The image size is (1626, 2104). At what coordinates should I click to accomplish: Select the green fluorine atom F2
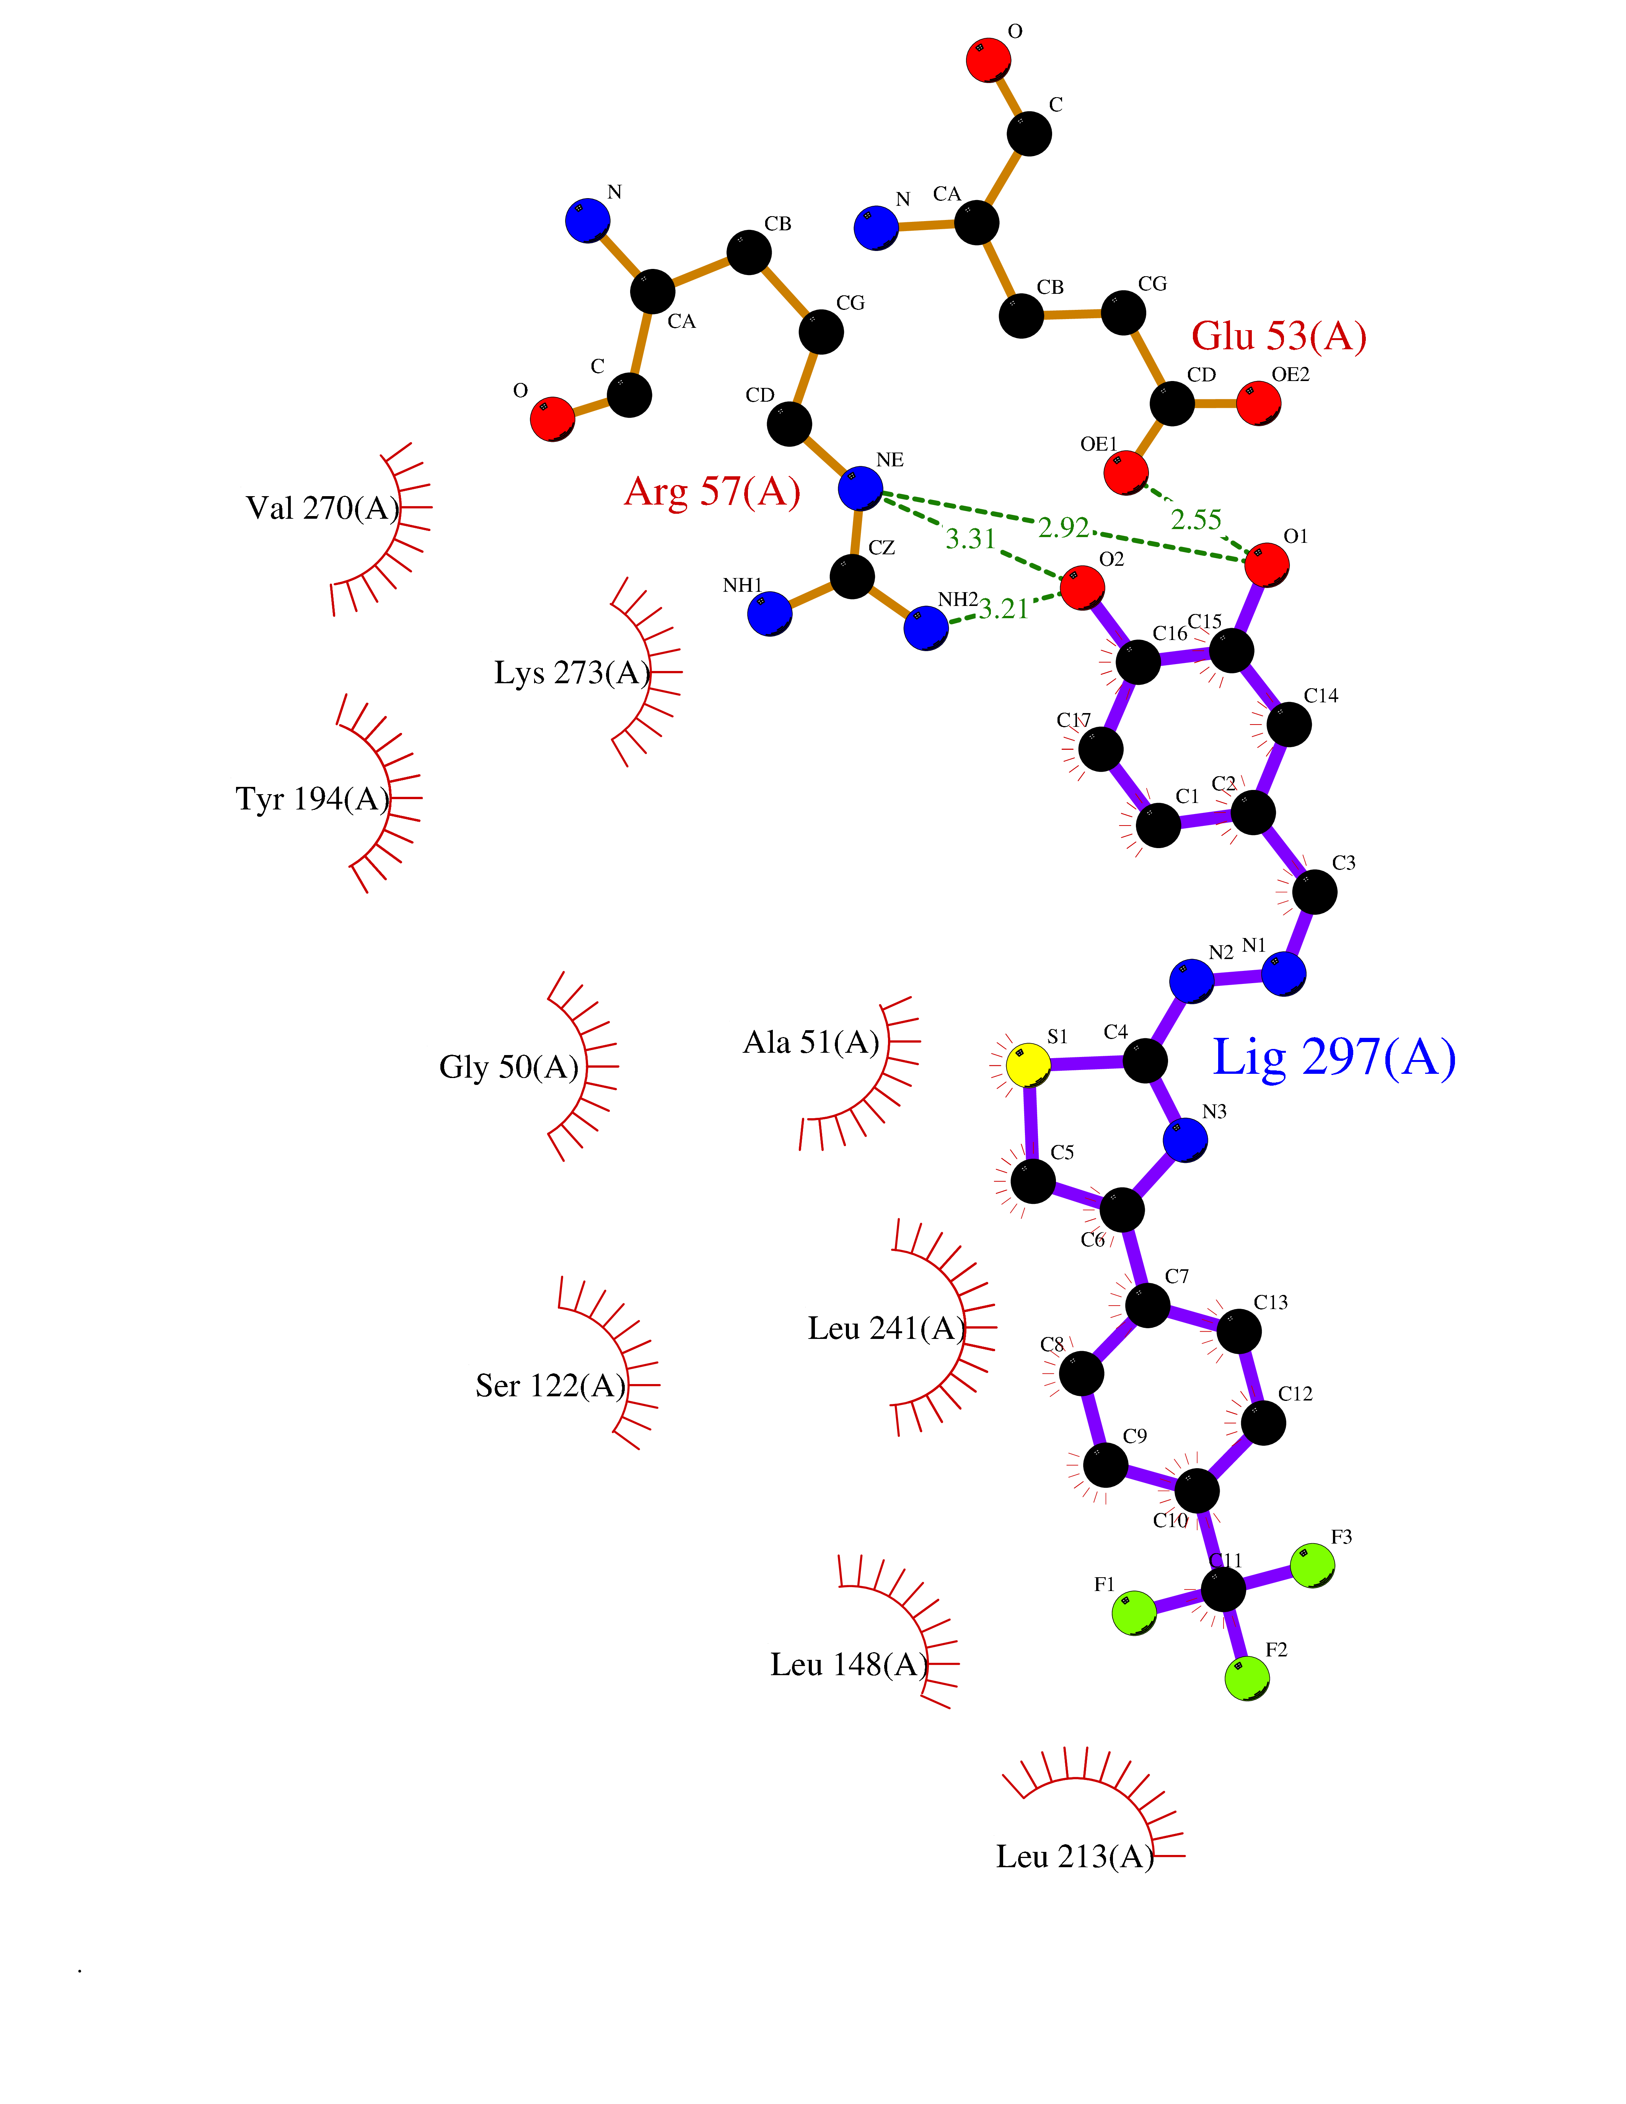pos(1246,1678)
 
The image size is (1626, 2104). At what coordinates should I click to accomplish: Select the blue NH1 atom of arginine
pos(770,614)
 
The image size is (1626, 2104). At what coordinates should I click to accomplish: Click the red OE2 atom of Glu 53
pos(1258,403)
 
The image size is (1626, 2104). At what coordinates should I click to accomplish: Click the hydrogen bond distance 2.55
pos(1196,520)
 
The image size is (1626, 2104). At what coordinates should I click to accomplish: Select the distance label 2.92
pos(1064,528)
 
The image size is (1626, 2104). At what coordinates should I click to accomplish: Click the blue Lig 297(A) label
pos(1333,1058)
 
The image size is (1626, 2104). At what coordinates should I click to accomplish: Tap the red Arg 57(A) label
pos(712,491)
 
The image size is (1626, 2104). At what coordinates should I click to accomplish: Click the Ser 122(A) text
pos(550,1385)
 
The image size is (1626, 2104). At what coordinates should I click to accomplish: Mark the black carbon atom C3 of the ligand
pos(1314,892)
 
